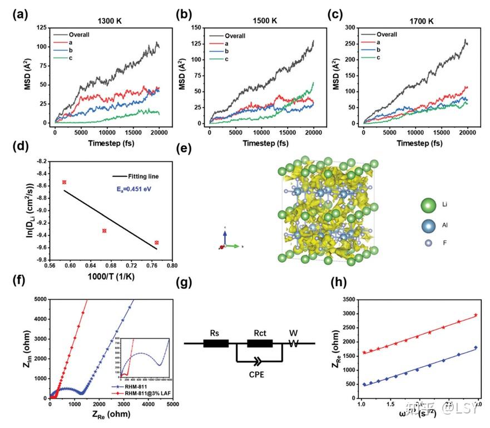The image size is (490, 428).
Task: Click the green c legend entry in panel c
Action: click(379, 57)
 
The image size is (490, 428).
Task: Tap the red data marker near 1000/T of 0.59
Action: click(65, 182)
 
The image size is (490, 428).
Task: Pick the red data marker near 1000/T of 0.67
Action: click(104, 230)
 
